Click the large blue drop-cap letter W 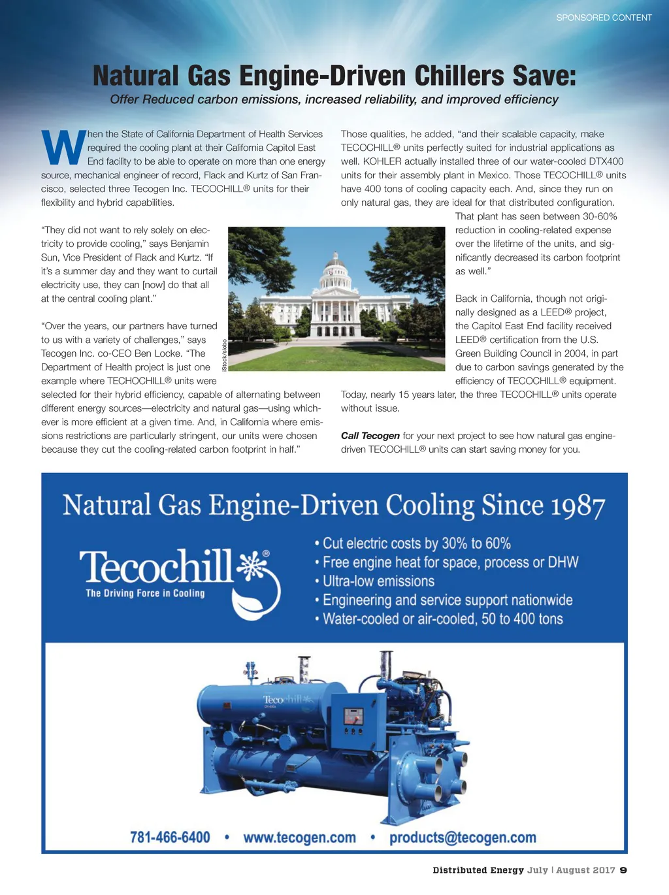pos(63,147)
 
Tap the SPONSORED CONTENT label pos(604,18)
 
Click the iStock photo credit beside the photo pos(224,355)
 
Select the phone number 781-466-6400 pos(170,838)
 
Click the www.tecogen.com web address pos(299,838)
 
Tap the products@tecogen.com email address pos(463,838)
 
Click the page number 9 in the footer pos(623,870)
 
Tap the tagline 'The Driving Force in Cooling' pos(145,593)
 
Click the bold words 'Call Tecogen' pos(370,436)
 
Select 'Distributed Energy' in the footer pos(478,870)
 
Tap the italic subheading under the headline pos(334,99)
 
